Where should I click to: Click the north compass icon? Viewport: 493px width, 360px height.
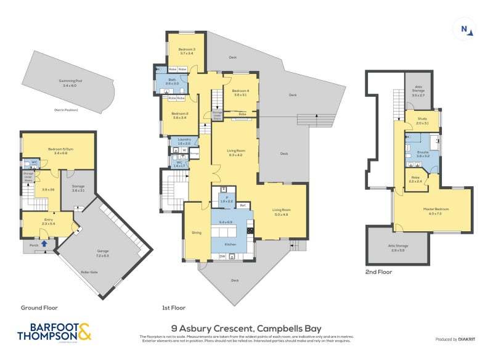pos(467,28)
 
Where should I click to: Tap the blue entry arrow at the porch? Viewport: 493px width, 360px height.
pos(44,243)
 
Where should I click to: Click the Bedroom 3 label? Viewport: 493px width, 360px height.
pos(187,51)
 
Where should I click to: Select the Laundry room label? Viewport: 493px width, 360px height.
pos(184,141)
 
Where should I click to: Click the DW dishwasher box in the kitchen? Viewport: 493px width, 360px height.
pos(222,257)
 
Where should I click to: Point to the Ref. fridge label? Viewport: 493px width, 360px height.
pos(243,205)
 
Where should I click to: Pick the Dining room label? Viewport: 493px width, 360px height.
pos(197,232)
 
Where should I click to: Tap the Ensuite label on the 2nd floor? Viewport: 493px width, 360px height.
pos(423,153)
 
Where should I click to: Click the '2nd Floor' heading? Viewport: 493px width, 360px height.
pos(378,271)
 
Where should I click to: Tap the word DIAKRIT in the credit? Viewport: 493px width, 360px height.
pos(467,340)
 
